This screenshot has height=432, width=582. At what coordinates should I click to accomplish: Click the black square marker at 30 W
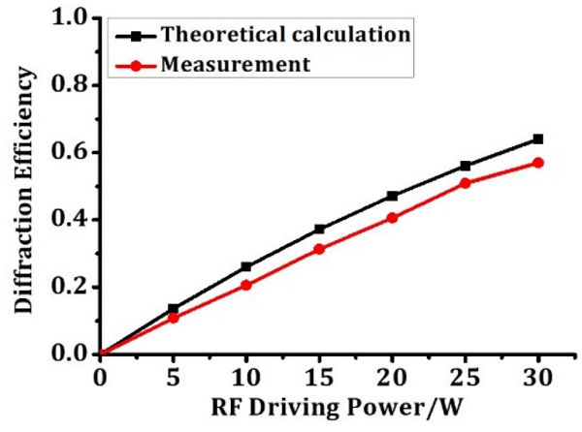tap(538, 139)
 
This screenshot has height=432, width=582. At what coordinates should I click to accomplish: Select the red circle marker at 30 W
tap(538, 163)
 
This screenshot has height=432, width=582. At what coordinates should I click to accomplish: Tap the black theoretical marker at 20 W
tap(392, 196)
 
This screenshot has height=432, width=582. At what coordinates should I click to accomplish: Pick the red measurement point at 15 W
tap(319, 249)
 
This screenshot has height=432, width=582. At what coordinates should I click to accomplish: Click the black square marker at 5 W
tap(173, 309)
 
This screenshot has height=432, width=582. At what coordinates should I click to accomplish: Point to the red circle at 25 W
tap(466, 182)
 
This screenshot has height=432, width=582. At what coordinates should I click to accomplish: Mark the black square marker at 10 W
tap(246, 266)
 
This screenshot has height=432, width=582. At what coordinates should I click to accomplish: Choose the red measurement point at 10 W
tap(246, 285)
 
